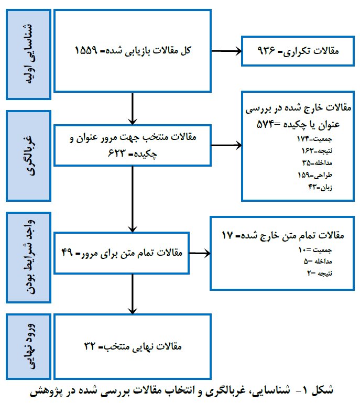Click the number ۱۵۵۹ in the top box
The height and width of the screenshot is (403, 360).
coord(86,50)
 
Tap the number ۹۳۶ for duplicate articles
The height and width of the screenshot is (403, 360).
coord(266,50)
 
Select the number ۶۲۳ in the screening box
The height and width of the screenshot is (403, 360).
coord(117,153)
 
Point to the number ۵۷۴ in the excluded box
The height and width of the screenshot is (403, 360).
coord(265,124)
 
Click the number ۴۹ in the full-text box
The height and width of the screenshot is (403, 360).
coord(67,253)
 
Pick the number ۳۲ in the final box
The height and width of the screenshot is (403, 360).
coord(90,346)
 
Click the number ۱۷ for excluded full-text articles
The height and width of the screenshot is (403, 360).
coord(227,235)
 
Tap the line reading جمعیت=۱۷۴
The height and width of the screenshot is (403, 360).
coord(314,139)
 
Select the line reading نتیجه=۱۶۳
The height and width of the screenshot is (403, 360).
coord(317,151)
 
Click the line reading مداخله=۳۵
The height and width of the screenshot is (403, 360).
coord(317,163)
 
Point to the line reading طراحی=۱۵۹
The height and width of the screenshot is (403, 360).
coord(315,175)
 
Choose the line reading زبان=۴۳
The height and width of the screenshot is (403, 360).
coord(320,187)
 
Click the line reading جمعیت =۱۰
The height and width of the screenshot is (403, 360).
coord(315,249)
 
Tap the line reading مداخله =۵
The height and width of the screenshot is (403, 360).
coord(318,262)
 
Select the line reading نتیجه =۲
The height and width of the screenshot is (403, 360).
coord(320,273)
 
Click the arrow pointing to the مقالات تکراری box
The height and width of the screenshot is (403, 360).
coord(226,51)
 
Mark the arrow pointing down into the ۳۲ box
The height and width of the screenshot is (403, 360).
coord(133,294)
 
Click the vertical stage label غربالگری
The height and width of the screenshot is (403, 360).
coord(29,156)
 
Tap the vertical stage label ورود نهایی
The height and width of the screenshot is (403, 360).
coord(29,346)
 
